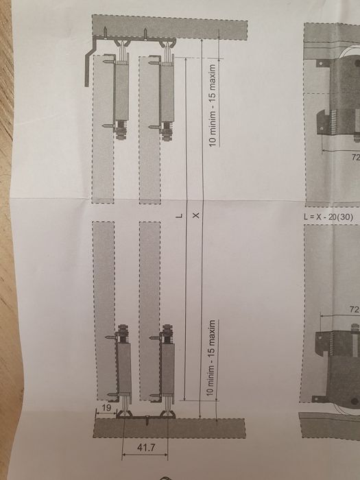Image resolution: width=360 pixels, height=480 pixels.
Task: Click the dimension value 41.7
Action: pos(146,448)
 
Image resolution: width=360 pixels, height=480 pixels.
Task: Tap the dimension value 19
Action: pos(106,407)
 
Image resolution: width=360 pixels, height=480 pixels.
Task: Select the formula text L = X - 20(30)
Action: pos(328,217)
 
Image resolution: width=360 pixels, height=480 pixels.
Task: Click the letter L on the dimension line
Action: pos(180,216)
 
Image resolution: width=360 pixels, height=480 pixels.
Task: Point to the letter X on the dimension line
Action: pos(196,215)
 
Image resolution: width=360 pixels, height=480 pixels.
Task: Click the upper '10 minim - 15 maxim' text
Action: pos(212,106)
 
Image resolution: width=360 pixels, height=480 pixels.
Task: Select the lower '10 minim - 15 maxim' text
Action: pos(211,357)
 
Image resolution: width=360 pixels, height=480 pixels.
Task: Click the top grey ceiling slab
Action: pos(170,27)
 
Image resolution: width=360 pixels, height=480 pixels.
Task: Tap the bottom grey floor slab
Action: pos(169,429)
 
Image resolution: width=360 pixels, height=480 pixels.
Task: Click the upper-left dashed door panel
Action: pos(103,129)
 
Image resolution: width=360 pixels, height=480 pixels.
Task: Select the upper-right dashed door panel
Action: pos(149,130)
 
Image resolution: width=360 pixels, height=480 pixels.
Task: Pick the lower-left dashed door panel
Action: pos(104,311)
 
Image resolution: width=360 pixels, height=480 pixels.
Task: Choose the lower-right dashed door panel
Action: pos(150,311)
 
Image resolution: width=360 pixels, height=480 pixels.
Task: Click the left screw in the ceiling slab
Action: pos(105,32)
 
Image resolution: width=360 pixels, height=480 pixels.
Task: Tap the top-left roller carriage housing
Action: pos(121,92)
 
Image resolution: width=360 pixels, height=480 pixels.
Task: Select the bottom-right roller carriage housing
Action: pos(168,369)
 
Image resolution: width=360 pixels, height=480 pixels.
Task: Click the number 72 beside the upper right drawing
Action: pos(356,157)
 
